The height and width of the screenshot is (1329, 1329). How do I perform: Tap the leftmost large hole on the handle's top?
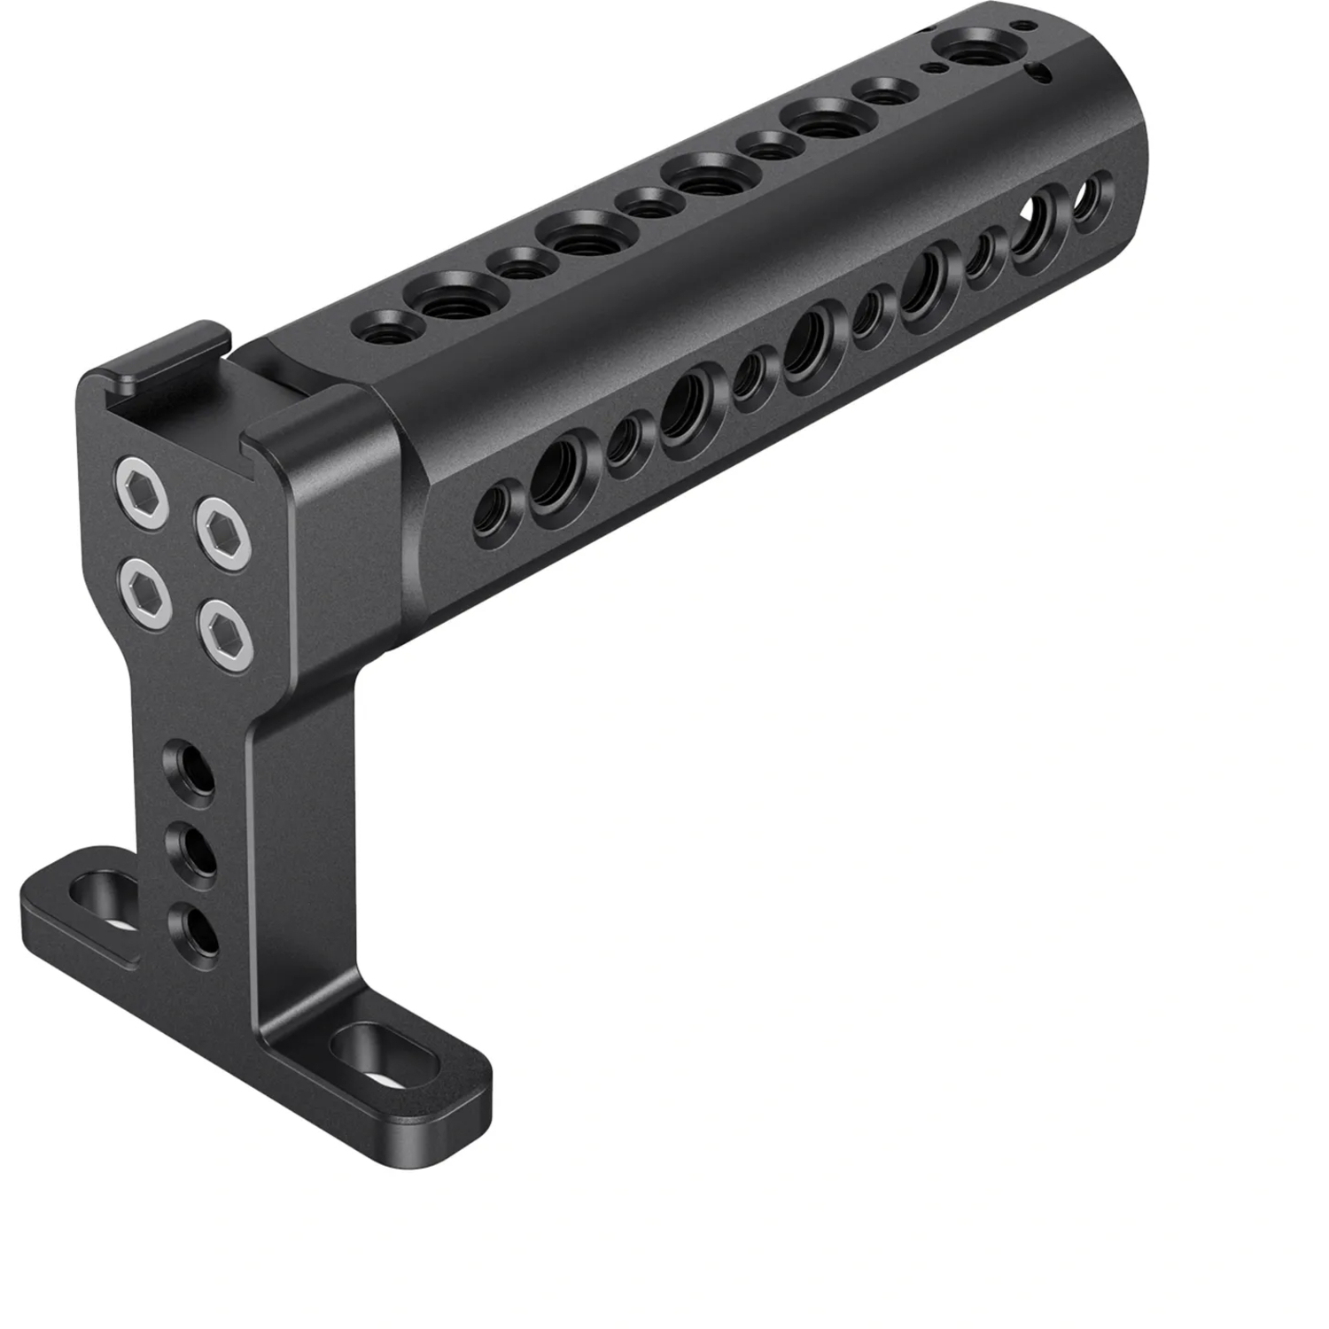point(447,299)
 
